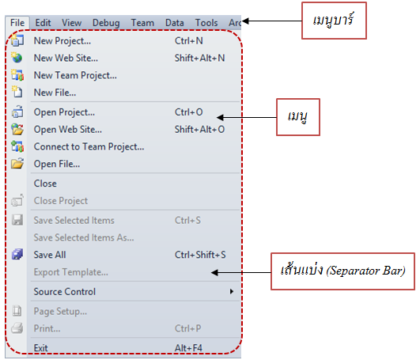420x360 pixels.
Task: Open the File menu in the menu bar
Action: tap(17, 22)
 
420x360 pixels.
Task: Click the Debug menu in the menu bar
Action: tap(106, 23)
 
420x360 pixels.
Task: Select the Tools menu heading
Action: tap(206, 23)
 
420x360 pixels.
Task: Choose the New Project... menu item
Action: tap(62, 41)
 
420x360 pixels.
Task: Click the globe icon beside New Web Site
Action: tap(17, 58)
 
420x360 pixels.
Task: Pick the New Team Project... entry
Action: tap(75, 75)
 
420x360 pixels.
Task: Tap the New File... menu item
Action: tap(55, 93)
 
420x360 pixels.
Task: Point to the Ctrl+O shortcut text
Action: tap(188, 112)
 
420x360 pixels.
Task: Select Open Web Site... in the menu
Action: tap(67, 130)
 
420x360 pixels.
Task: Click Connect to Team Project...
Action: tap(89, 147)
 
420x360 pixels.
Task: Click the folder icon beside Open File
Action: tap(17, 164)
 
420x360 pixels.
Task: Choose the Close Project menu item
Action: tap(61, 201)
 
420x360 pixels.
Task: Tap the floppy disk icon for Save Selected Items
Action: tap(17, 220)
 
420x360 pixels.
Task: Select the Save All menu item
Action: tap(50, 255)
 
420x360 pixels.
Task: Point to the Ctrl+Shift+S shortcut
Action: tap(200, 255)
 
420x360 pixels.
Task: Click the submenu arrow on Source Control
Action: tap(232, 291)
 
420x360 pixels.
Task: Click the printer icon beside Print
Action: tap(17, 328)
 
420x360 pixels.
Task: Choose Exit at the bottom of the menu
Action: tap(40, 348)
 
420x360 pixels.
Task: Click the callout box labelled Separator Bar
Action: tap(342, 271)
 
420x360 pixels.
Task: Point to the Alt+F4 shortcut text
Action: tap(188, 348)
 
